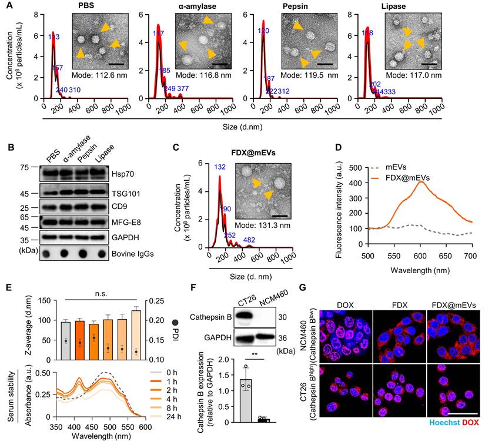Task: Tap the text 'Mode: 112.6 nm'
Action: pyautogui.click(x=100, y=75)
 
